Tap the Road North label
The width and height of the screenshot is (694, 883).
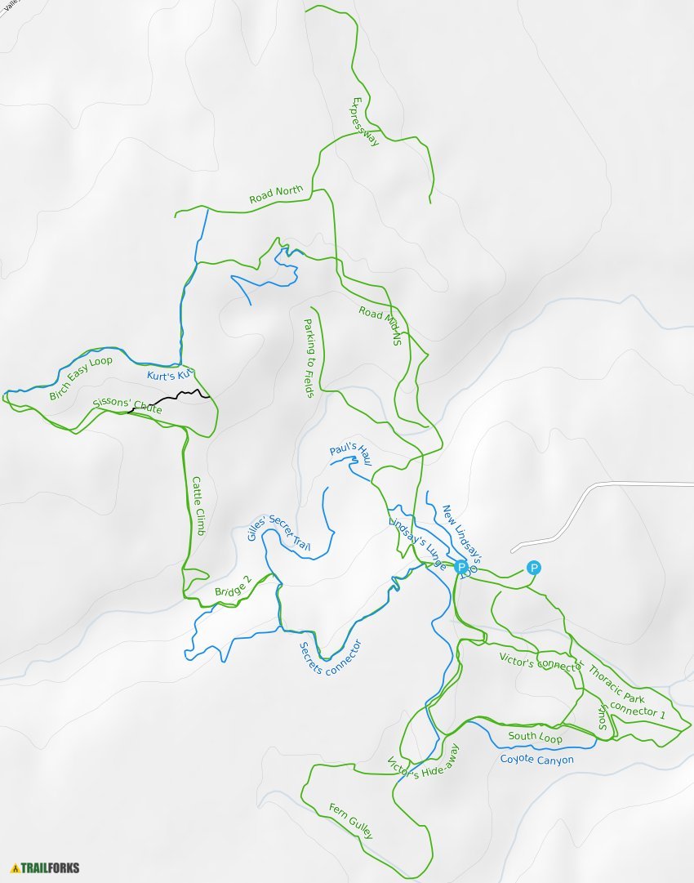(x=276, y=194)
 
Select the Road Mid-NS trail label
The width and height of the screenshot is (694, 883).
(x=381, y=324)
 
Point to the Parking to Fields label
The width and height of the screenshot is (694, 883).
(x=309, y=358)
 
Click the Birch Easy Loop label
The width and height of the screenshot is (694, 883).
(x=80, y=378)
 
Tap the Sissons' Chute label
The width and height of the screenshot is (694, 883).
(x=127, y=404)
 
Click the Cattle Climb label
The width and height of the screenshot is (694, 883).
(x=198, y=506)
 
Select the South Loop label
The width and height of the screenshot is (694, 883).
(x=535, y=737)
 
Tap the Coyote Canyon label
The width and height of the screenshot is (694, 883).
(x=536, y=760)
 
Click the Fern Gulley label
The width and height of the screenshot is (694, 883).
(x=351, y=820)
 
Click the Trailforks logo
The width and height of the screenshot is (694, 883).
(x=46, y=867)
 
